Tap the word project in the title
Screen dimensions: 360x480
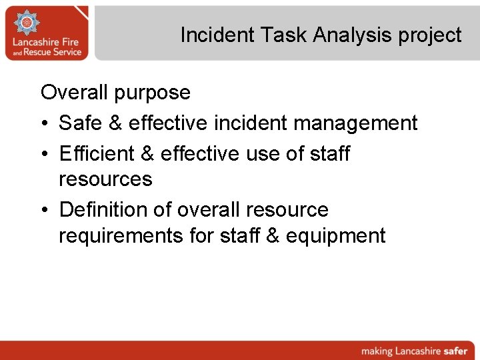click(x=430, y=35)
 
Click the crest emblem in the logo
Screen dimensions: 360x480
click(x=27, y=24)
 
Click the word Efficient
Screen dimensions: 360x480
click(x=97, y=153)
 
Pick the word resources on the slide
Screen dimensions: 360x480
click(x=105, y=179)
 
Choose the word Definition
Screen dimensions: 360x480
click(x=103, y=209)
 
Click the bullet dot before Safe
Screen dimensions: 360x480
click(x=45, y=123)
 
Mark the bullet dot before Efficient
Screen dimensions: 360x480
click(x=45, y=154)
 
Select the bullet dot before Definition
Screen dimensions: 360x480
click(x=45, y=210)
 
